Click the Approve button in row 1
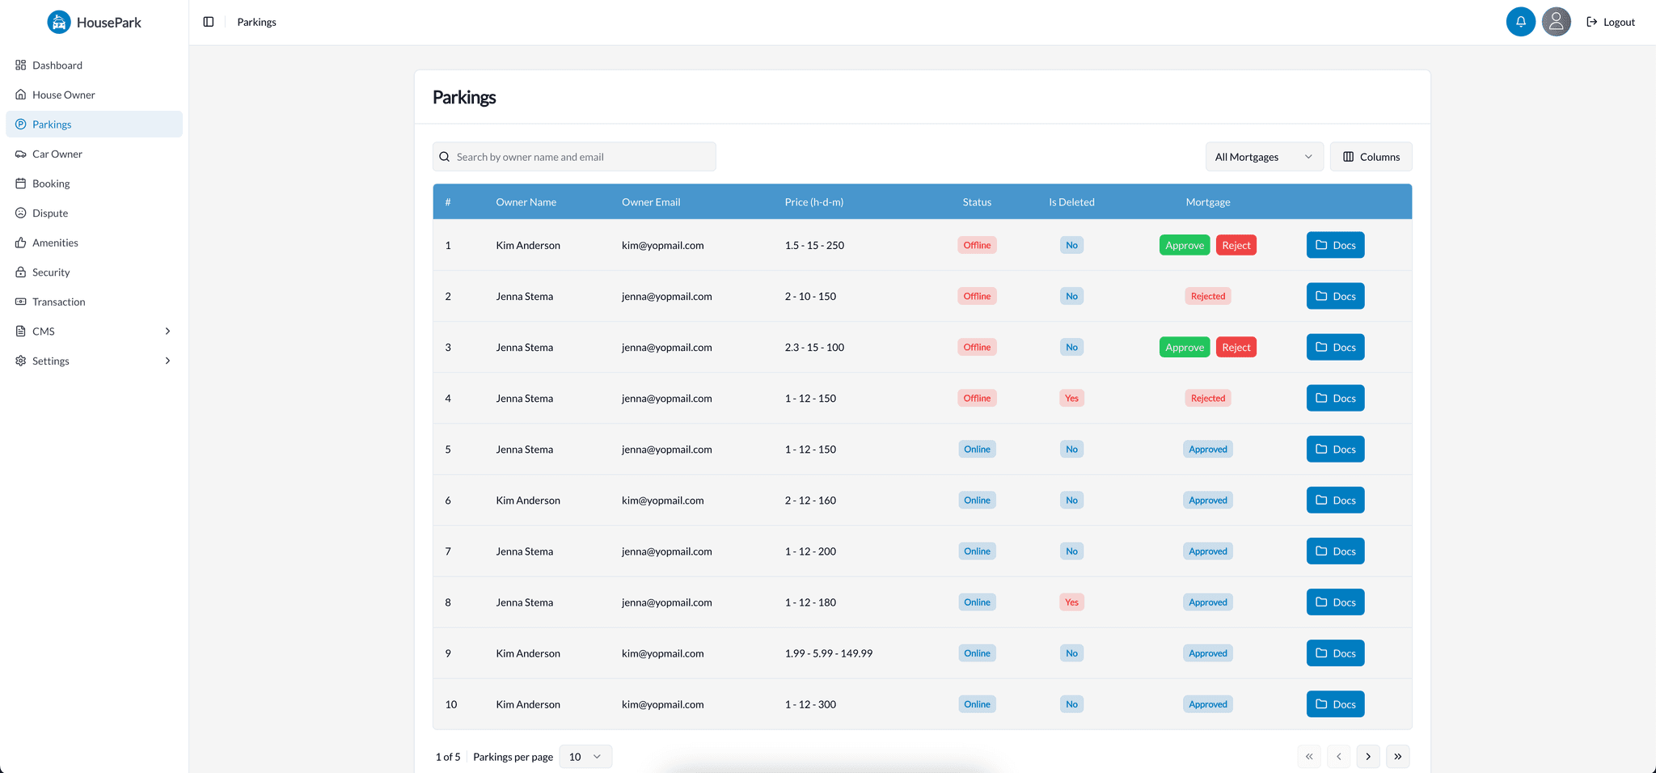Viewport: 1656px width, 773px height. [x=1185, y=245]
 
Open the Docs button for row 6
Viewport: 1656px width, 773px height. [x=1335, y=500]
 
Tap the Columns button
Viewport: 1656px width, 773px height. [x=1371, y=157]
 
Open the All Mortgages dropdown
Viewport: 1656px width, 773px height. [x=1264, y=157]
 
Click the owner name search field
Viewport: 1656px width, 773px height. [x=574, y=157]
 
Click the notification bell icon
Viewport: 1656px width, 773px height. [x=1520, y=22]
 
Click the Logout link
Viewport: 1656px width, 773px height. [x=1611, y=22]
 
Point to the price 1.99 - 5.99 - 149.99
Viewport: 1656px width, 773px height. [x=828, y=653]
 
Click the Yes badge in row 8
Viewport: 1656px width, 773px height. [x=1071, y=602]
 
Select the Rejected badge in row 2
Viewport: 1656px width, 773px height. [x=1208, y=296]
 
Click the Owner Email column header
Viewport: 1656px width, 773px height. [x=651, y=202]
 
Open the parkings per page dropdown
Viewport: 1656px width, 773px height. [x=585, y=757]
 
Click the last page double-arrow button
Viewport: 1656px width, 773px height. [x=1398, y=757]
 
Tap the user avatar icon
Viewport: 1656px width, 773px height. [x=1556, y=22]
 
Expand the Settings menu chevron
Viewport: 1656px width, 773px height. [x=167, y=361]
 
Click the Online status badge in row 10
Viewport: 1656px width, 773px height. [x=977, y=704]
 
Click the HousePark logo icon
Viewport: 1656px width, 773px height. [x=59, y=22]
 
